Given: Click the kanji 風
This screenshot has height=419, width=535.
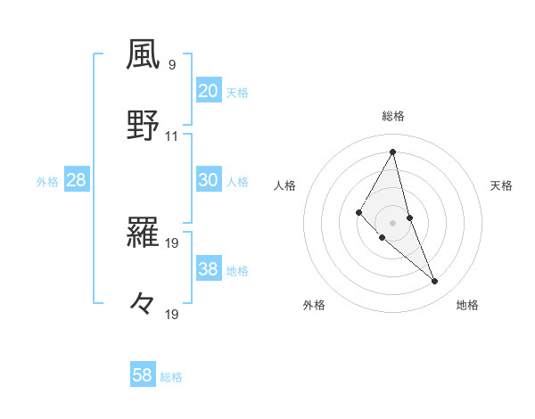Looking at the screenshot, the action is (x=144, y=55).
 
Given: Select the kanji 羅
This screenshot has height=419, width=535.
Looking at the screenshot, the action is (x=144, y=234).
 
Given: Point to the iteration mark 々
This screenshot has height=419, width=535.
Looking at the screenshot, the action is (x=143, y=303).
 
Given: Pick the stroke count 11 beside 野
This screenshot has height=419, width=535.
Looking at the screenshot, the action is (x=172, y=136).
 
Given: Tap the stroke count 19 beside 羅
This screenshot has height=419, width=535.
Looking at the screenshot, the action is (x=172, y=242).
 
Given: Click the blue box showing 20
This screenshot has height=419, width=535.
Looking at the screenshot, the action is (x=208, y=90).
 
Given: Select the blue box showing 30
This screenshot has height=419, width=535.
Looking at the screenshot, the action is (x=208, y=179).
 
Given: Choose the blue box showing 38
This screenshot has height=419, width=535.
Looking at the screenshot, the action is (x=208, y=269).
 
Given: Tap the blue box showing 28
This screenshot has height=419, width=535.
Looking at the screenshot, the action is (x=76, y=180).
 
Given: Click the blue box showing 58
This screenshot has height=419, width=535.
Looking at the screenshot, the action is (x=142, y=375).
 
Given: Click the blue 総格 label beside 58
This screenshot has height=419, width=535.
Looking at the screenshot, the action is (x=171, y=377).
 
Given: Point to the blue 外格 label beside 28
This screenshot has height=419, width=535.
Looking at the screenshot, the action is (x=47, y=182).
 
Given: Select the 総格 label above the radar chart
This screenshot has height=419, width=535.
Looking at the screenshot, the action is (x=393, y=116).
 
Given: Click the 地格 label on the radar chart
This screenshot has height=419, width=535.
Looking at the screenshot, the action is (x=467, y=305).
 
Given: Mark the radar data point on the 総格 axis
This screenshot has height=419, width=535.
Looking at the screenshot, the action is (x=393, y=152).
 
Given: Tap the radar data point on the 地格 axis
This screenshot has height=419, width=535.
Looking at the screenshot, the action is (x=435, y=282).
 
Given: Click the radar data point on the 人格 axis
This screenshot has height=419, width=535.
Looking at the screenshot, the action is (x=359, y=211).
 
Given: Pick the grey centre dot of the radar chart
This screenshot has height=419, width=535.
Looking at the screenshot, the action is (x=393, y=222).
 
